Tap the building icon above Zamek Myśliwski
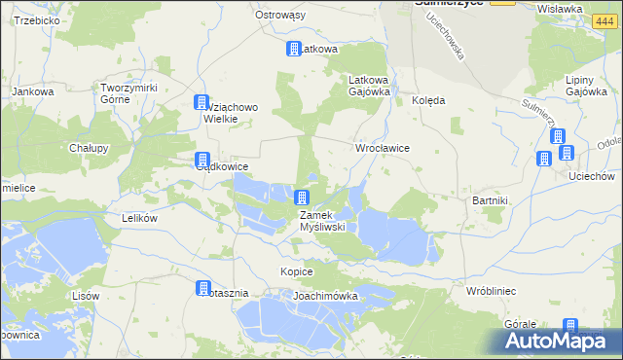[303, 198]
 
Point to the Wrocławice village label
[382, 148]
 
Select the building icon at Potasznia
[203, 289]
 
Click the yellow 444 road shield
[502, 4]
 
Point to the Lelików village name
[138, 219]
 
